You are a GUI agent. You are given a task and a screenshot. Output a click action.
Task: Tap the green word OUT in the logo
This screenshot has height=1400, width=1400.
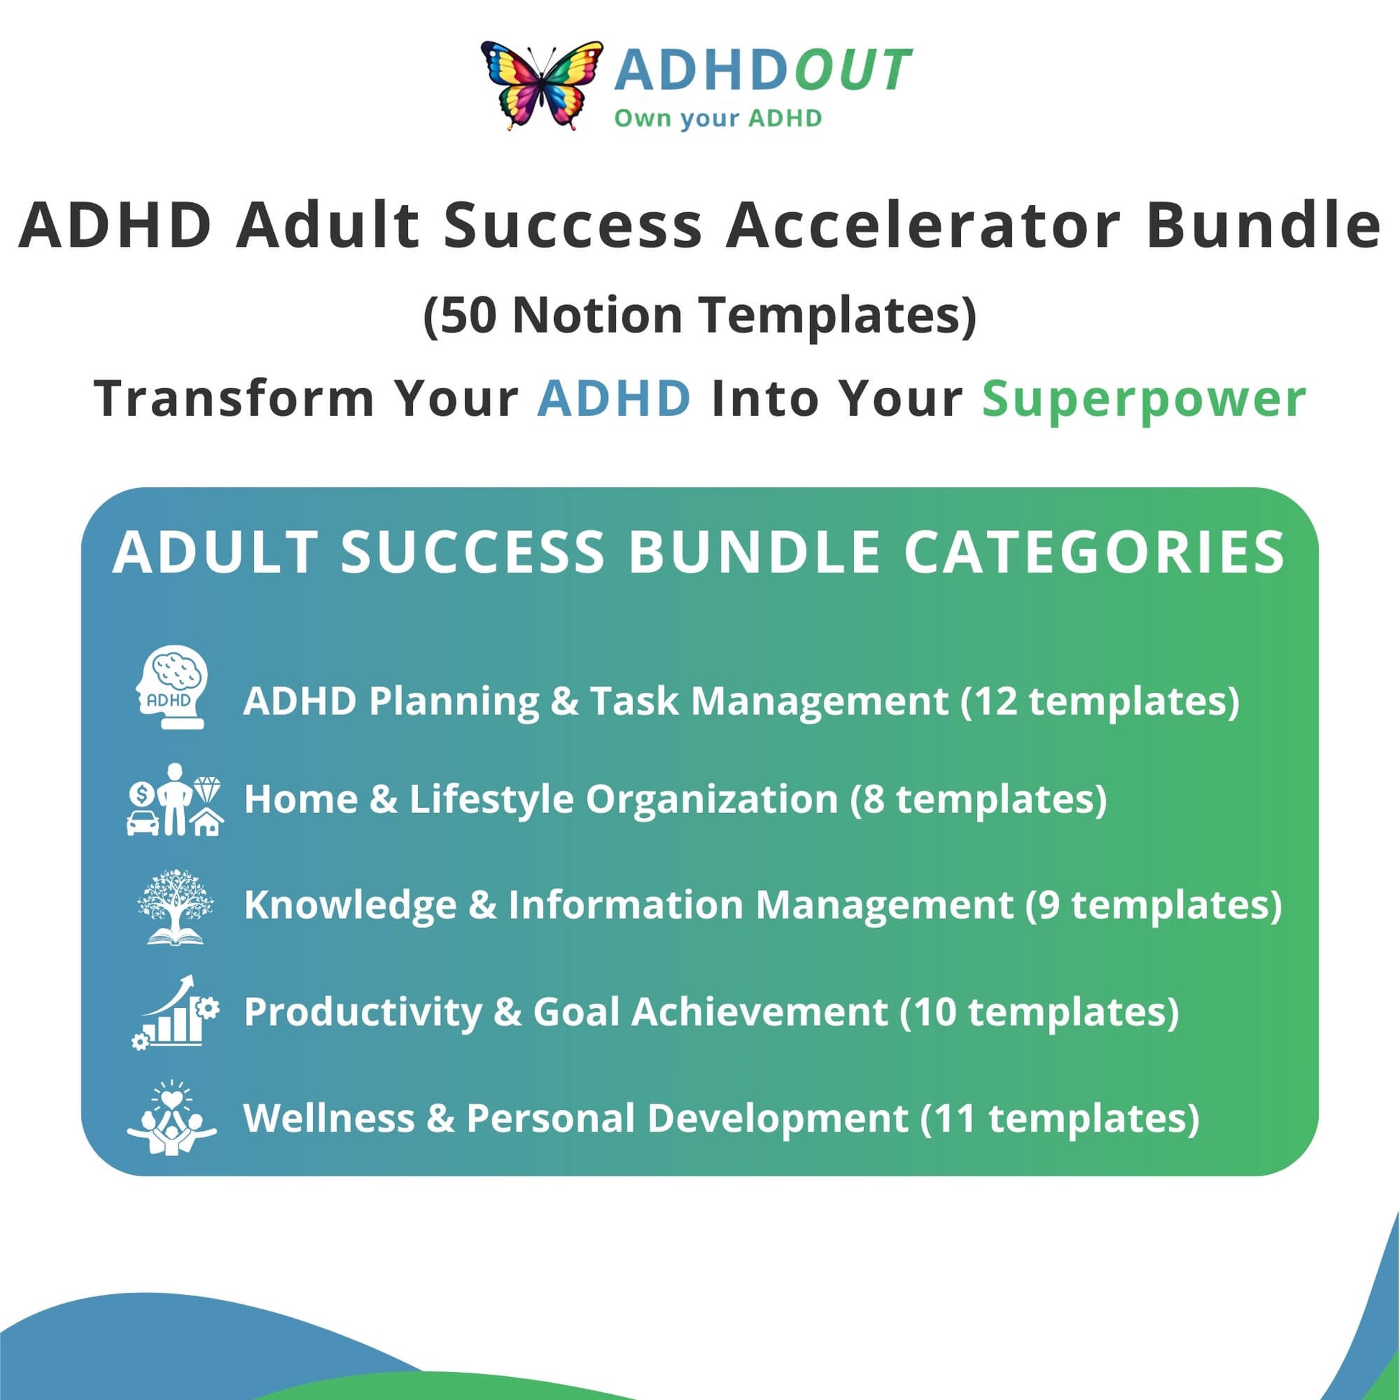(853, 71)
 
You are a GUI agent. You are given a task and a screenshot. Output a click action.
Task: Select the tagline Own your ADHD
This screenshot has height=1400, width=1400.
(718, 117)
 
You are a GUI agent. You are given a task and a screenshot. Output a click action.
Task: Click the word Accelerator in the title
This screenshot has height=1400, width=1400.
(924, 225)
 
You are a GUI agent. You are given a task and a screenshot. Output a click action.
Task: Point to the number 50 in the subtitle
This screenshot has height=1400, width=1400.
(468, 315)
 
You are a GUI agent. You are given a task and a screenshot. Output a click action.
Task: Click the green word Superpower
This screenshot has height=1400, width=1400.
(1144, 400)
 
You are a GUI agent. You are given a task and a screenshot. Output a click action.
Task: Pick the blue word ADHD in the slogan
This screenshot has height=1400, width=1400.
(614, 398)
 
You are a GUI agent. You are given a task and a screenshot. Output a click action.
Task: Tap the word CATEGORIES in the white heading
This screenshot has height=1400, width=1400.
(1094, 553)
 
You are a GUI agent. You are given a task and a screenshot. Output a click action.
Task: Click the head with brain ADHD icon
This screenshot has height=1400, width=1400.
(172, 688)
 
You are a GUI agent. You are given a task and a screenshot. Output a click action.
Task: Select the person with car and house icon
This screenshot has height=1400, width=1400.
(175, 800)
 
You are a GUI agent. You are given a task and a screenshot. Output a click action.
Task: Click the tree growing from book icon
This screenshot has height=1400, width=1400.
(175, 906)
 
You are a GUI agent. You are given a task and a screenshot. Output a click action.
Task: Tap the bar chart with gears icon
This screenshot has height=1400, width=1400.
(176, 1012)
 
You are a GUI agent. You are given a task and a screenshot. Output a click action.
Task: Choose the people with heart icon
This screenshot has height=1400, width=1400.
(172, 1117)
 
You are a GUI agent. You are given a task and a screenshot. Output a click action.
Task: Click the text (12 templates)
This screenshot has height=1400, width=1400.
(1100, 701)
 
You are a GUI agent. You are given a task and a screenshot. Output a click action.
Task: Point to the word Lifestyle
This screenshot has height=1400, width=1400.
(491, 799)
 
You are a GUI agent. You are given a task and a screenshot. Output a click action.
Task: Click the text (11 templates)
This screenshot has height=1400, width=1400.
(1060, 1118)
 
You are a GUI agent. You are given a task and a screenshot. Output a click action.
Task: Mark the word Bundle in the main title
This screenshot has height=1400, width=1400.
(1263, 225)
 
